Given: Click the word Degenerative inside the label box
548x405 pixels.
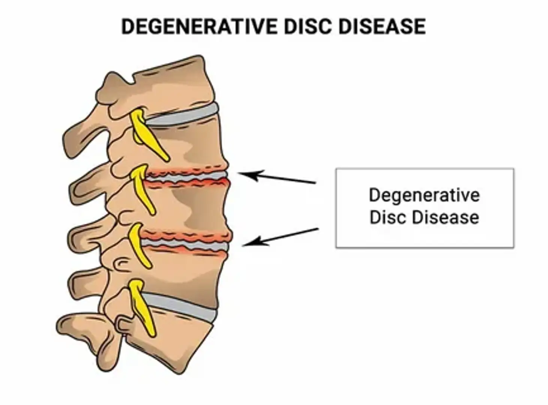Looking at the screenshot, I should pos(424,195).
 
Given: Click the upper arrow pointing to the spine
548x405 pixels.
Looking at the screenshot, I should pos(278,177).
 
